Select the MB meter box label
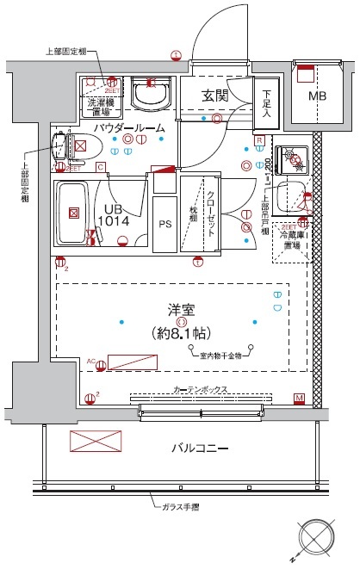click(318, 96)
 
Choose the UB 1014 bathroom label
click(114, 214)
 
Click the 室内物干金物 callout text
click(220, 353)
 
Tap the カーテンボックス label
click(201, 389)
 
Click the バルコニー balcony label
click(199, 449)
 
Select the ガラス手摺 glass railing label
click(175, 507)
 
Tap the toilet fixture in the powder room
click(62, 146)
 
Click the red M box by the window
click(299, 398)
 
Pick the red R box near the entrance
click(258, 140)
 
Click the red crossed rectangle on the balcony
click(91, 442)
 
